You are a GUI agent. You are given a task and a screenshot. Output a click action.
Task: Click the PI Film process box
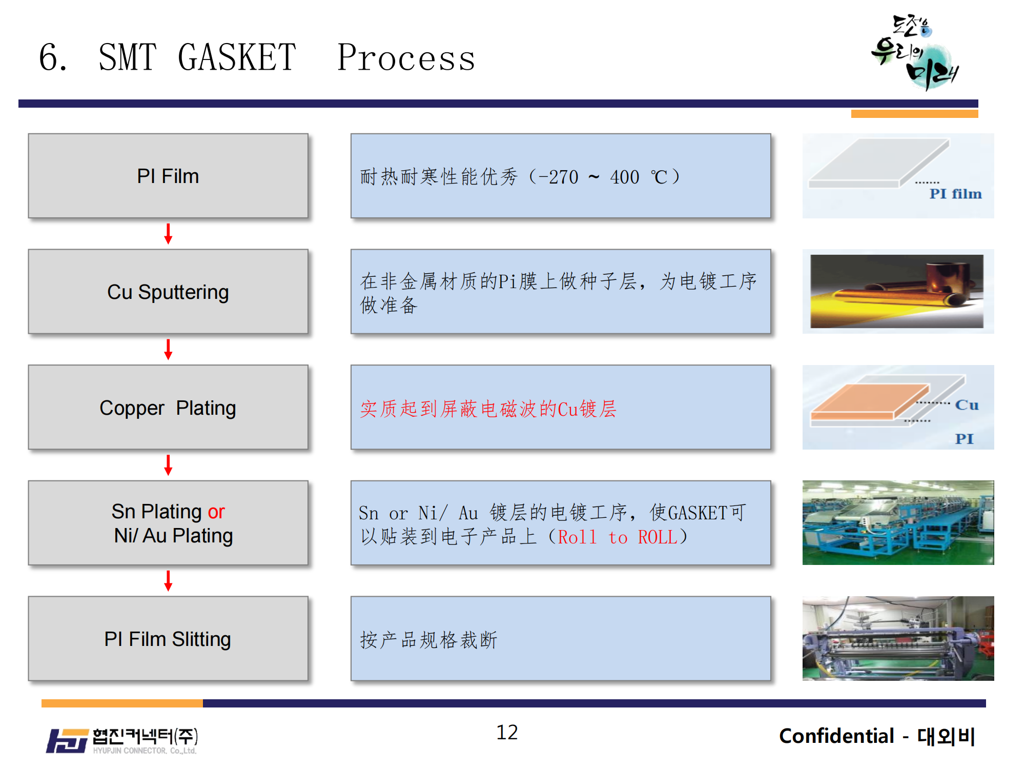point(168,176)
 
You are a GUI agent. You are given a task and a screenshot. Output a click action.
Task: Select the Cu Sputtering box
point(168,292)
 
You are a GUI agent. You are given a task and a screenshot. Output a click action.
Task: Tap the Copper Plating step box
point(168,408)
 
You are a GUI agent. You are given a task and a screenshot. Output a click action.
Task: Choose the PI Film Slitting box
point(168,639)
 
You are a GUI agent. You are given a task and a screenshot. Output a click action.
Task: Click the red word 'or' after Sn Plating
point(216,512)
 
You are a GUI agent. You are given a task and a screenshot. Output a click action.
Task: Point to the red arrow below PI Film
point(168,234)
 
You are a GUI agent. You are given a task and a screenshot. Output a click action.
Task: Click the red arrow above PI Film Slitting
point(168,581)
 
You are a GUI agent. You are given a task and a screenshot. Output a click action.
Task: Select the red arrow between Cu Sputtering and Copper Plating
point(168,350)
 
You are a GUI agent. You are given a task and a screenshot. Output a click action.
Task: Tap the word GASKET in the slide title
point(237,57)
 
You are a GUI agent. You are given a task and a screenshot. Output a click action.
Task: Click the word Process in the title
point(406,57)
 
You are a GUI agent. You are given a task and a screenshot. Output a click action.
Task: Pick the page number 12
point(507,733)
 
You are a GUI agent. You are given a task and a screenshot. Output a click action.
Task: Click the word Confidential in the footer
point(836,736)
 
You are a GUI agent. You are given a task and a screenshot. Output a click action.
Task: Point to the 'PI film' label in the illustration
point(955,194)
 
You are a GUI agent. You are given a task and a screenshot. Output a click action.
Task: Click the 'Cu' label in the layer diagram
point(967,405)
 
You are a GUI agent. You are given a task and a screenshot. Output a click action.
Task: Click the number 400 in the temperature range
point(625,177)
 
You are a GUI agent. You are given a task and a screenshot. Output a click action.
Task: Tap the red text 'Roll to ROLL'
point(618,537)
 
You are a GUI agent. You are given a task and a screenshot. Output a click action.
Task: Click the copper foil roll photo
point(897,291)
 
